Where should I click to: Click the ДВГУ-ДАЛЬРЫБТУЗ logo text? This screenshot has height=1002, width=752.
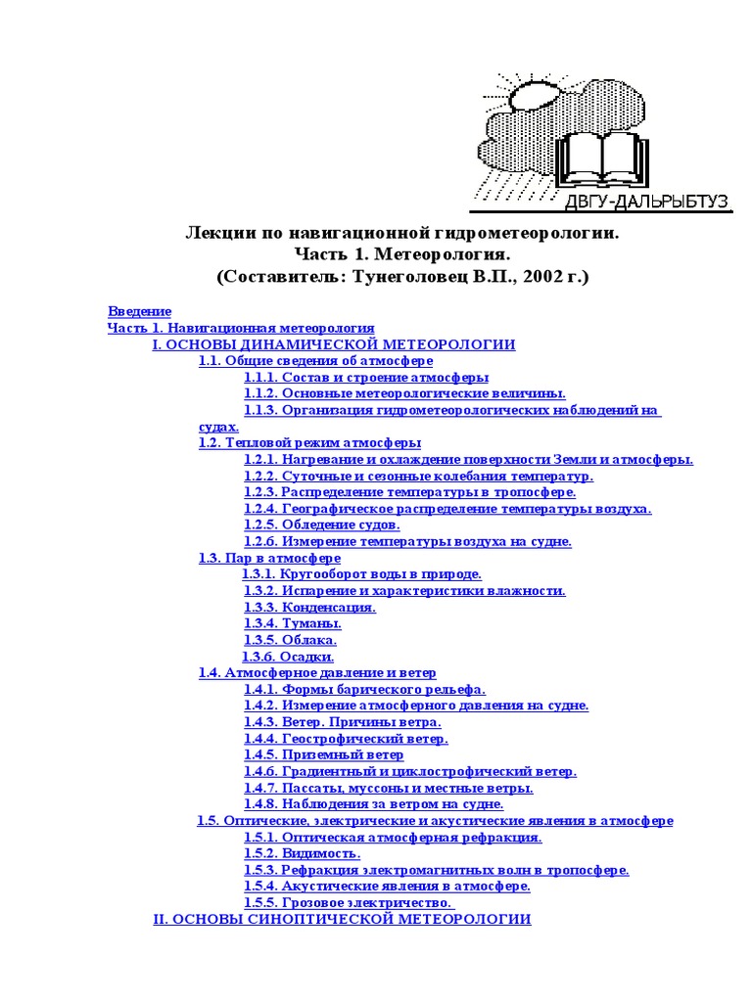pos(645,202)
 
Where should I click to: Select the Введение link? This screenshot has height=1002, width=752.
pos(139,311)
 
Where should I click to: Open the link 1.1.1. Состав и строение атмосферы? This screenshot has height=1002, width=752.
pos(366,377)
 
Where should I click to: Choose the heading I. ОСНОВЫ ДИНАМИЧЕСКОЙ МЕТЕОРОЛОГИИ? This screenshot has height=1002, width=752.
pos(334,344)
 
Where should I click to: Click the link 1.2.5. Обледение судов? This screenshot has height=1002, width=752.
pos(322,524)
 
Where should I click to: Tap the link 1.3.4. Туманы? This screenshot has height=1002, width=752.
pos(293,623)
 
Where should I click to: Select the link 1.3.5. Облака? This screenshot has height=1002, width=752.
pos(291,640)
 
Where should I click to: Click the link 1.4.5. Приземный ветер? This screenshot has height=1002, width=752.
pos(324,754)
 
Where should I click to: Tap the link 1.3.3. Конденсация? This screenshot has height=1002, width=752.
pos(310,607)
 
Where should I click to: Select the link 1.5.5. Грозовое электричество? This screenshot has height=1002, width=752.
pos(349,902)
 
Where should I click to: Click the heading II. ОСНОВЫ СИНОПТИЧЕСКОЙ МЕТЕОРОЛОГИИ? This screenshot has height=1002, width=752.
pos(343,919)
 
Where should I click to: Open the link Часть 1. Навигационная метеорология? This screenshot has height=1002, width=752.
pos(241,328)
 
